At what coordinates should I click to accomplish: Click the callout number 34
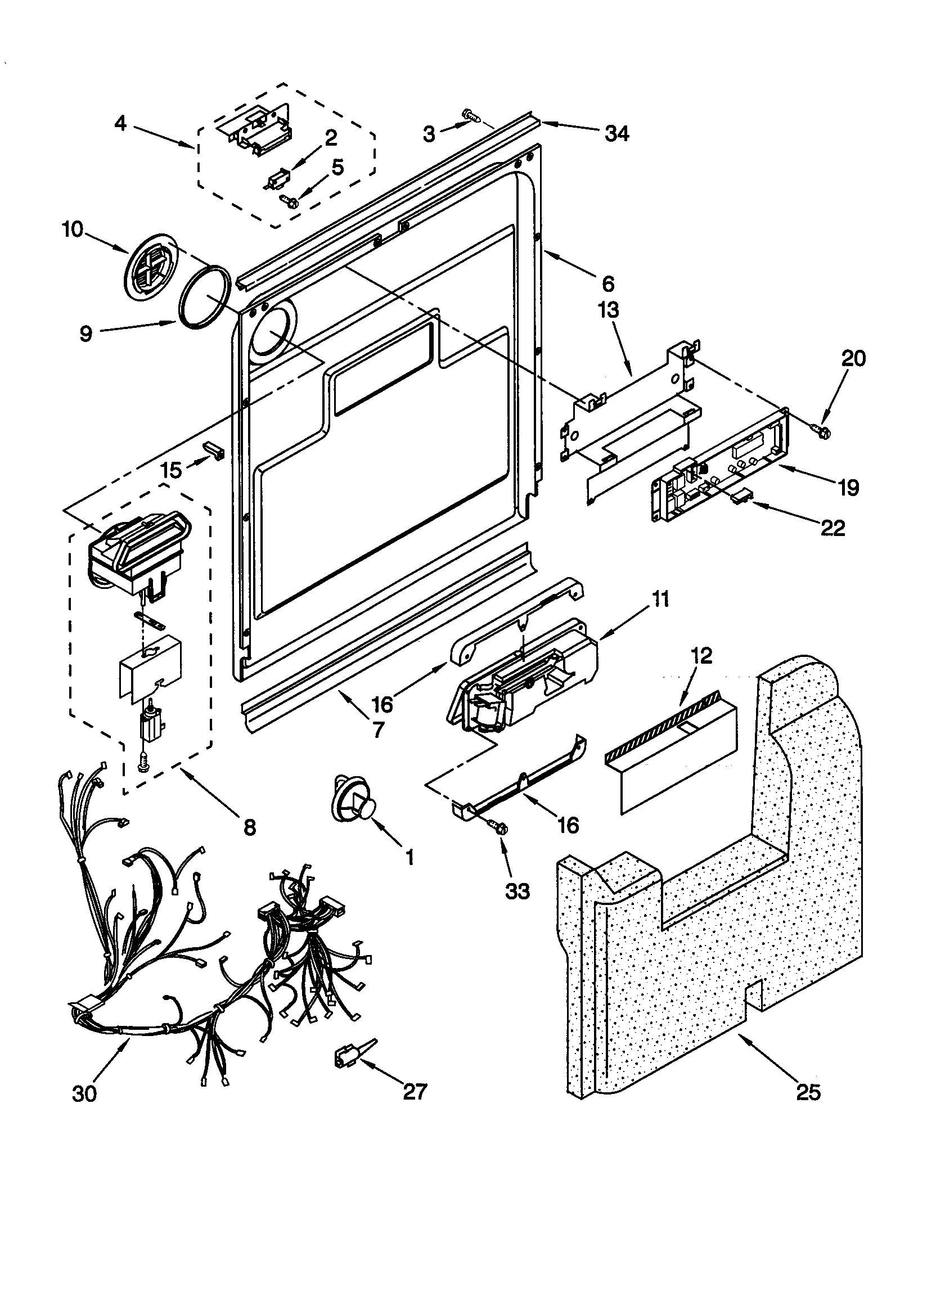click(616, 134)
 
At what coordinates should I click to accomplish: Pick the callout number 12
click(702, 655)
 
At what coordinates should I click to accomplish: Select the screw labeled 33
click(498, 825)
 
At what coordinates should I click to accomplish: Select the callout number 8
click(249, 827)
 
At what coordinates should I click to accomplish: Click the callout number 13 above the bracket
click(609, 310)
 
